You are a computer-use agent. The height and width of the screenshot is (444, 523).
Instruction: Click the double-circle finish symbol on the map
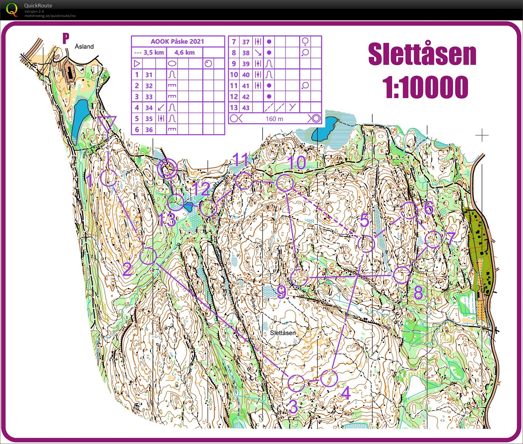pyautogui.click(x=167, y=169)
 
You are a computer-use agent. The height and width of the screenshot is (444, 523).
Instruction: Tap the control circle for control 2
pyautogui.click(x=148, y=256)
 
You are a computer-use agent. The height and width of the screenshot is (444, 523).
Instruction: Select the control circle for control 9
pyautogui.click(x=299, y=277)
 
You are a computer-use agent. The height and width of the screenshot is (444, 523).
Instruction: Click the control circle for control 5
pyautogui.click(x=366, y=244)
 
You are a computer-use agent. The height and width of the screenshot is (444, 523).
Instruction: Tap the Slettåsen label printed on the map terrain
pyautogui.click(x=283, y=333)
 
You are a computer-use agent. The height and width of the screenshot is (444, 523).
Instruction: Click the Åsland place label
pyautogui.click(x=84, y=46)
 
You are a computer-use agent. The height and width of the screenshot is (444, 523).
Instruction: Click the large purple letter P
pyautogui.click(x=66, y=39)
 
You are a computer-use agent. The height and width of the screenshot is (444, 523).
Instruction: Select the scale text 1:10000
pyautogui.click(x=425, y=87)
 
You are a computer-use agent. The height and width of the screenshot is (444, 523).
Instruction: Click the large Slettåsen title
pyautogui.click(x=422, y=55)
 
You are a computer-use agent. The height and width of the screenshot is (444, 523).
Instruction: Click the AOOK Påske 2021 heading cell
pyautogui.click(x=177, y=41)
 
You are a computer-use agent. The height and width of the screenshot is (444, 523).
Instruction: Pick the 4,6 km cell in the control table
pyautogui.click(x=184, y=53)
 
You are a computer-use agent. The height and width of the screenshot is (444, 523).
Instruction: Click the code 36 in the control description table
pyautogui.click(x=149, y=130)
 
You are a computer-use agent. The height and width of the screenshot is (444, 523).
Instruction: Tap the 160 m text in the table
pyautogui.click(x=274, y=119)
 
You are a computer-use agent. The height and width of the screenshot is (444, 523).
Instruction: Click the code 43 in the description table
pyautogui.click(x=246, y=108)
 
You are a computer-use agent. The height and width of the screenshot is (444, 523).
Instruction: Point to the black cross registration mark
pyautogui.click(x=482, y=135)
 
